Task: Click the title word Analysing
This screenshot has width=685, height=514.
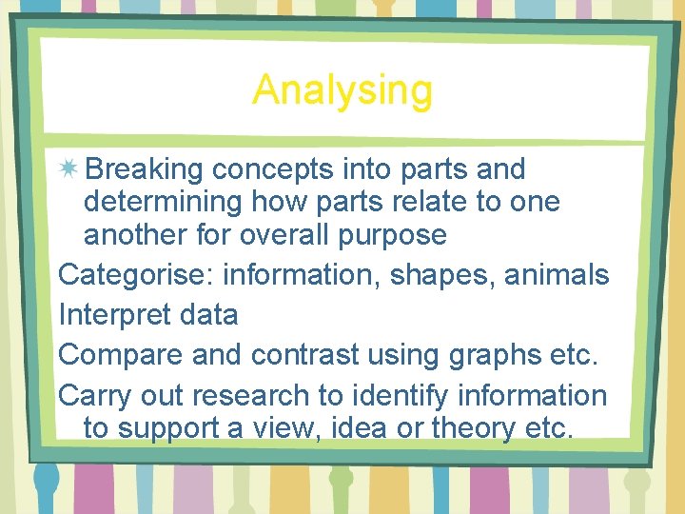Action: pos(342,91)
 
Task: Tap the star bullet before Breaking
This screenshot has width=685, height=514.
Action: pos(68,169)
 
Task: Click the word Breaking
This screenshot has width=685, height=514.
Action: pos(145,169)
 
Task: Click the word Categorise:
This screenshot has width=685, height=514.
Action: pos(135,275)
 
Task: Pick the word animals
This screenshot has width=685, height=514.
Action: pos(557,275)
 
